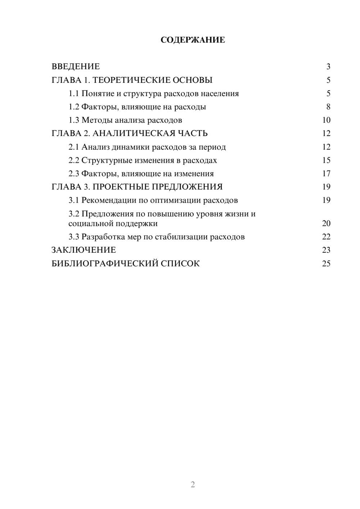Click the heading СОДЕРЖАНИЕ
click(193, 40)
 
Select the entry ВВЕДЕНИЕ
click(76, 67)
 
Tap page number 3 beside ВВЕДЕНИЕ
click(328, 67)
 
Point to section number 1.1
click(74, 94)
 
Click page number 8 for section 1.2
click(328, 107)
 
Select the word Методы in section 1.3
click(95, 120)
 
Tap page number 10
click(326, 120)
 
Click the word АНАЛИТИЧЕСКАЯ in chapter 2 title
click(133, 134)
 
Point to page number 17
click(326, 174)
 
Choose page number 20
click(326, 224)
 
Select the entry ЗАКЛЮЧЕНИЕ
click(84, 250)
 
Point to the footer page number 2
click(193, 485)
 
